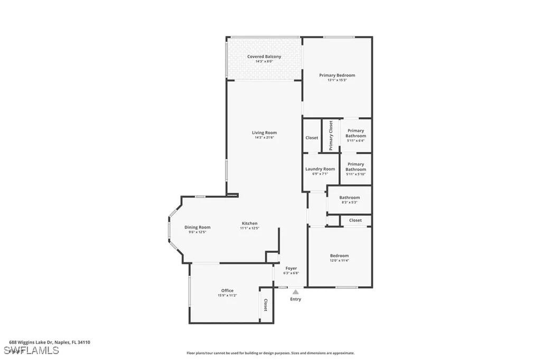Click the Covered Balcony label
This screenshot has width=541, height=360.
(x=264, y=56)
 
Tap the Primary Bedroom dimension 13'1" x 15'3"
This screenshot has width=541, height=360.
(x=337, y=80)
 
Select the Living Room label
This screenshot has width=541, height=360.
(x=264, y=132)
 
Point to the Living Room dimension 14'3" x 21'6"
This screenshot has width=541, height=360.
(x=264, y=138)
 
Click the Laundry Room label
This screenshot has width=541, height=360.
(x=320, y=169)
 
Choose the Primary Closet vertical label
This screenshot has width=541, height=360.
(x=331, y=136)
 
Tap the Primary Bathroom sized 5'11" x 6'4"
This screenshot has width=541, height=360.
(x=356, y=136)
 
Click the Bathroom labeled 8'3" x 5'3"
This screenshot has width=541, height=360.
(x=349, y=200)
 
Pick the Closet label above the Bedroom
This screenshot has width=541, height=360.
(x=356, y=220)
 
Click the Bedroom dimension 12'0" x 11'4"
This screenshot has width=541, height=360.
(x=339, y=261)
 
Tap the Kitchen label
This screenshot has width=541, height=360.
(x=249, y=223)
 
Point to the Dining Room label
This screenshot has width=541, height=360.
(x=198, y=227)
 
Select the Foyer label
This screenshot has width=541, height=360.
(x=291, y=268)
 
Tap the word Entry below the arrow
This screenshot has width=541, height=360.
(x=295, y=299)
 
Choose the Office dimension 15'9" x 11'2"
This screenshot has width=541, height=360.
(x=227, y=296)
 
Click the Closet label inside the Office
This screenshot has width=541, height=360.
(x=265, y=305)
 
